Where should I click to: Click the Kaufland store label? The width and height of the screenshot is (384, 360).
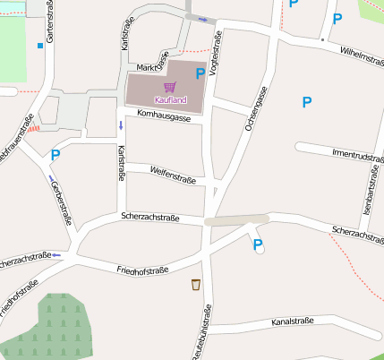(x=170, y=99)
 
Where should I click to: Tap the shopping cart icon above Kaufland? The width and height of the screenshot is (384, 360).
(x=170, y=87)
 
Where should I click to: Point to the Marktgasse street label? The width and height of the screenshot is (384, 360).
(x=153, y=67)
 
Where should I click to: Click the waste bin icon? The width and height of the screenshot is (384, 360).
(x=196, y=285)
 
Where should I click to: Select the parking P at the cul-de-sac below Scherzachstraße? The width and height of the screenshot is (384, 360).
(x=258, y=244)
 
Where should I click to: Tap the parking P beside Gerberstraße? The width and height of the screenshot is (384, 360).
(x=55, y=155)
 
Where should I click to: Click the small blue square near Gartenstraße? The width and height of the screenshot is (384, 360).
(x=40, y=45)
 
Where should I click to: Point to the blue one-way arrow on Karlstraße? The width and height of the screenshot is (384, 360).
(x=121, y=125)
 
